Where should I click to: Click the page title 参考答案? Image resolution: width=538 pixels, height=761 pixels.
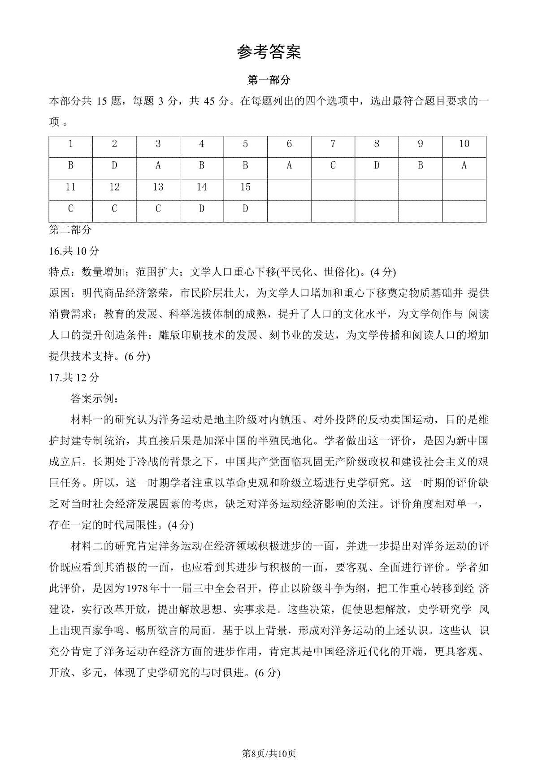[x=269, y=52]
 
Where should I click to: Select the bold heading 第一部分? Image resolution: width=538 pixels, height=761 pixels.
[x=269, y=80]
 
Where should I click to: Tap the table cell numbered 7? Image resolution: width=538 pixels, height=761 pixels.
[x=333, y=144]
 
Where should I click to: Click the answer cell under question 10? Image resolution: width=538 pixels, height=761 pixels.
[x=464, y=165]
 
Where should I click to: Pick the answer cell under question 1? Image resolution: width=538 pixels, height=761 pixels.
[x=70, y=165]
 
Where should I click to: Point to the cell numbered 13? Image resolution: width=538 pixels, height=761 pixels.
[x=158, y=187]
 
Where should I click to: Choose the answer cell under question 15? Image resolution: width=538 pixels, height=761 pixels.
[x=245, y=209]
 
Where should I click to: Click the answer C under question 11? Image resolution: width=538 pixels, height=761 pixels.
[x=70, y=209]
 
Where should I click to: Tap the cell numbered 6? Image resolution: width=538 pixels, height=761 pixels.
[x=289, y=144]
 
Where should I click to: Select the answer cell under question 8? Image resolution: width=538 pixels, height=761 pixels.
[x=377, y=165]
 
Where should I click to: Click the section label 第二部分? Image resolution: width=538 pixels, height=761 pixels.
[x=70, y=230]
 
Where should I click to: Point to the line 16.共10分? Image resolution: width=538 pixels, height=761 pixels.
[x=74, y=251]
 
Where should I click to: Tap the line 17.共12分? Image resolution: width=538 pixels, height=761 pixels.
[x=74, y=377]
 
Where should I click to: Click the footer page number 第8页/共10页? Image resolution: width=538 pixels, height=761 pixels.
[x=269, y=741]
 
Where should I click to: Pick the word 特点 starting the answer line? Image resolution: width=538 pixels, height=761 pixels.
[x=60, y=272]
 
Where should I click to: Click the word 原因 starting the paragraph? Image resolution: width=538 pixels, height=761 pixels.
[x=60, y=294]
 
